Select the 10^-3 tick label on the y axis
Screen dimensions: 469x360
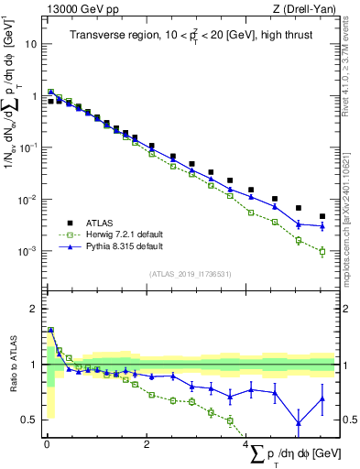(27, 251)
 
